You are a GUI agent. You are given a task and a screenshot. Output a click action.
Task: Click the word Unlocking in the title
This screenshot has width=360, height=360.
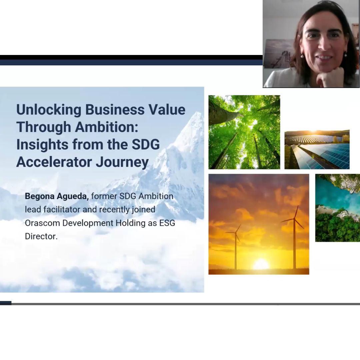coord(49,110)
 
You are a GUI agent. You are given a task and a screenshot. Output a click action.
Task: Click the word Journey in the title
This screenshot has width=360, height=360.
coord(122,162)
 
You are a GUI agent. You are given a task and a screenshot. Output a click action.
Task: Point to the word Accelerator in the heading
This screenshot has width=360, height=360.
coord(54,162)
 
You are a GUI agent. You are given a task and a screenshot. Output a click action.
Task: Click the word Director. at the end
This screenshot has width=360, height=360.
coord(41,236)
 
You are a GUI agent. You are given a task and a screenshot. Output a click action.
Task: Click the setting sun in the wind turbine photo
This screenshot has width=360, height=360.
coord(261,264)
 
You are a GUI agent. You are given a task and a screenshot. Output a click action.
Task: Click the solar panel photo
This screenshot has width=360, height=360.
coord(317,149)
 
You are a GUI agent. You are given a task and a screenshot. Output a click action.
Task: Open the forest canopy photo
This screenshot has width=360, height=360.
coord(244,132)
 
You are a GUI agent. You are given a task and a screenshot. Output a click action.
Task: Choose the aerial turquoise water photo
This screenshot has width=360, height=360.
coord(337,208)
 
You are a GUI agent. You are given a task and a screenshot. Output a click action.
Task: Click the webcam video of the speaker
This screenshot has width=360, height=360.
coord(311,44)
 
